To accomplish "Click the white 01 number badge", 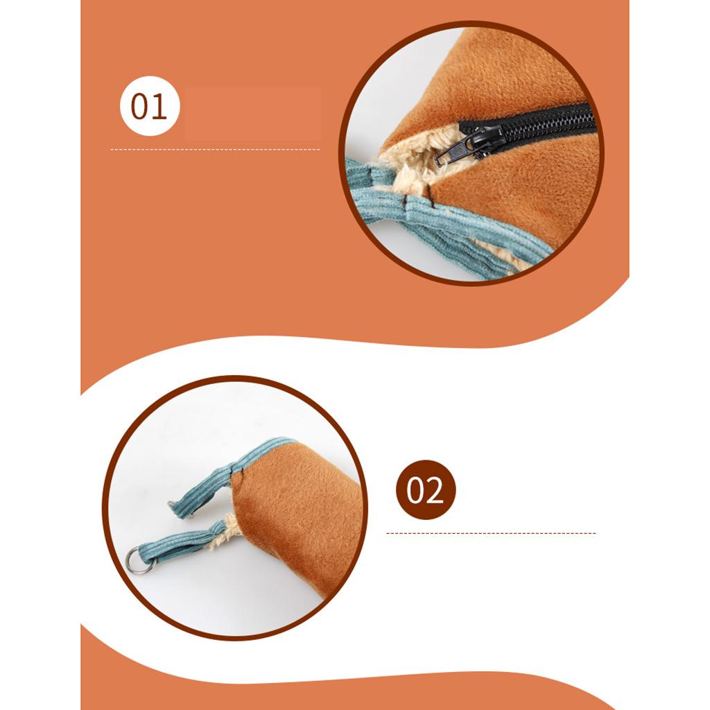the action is (150, 106).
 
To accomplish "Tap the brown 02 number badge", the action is (426, 490).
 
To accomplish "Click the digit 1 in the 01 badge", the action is (159, 106).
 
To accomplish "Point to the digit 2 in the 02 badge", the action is (435, 490).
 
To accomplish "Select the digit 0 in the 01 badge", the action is (140, 107).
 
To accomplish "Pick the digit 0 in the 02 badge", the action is (415, 491).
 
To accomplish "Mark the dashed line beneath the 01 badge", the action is (215, 149).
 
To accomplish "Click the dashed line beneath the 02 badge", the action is (491, 533).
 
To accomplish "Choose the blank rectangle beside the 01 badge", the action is (252, 113).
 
